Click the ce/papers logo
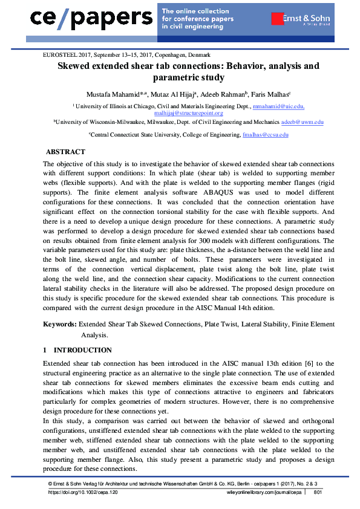[91, 18]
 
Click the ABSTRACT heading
[66, 152]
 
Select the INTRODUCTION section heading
[83, 350]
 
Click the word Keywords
[59, 324]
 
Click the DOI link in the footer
[83, 493]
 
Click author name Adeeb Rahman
[221, 94]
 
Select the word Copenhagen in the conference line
[195, 54]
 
